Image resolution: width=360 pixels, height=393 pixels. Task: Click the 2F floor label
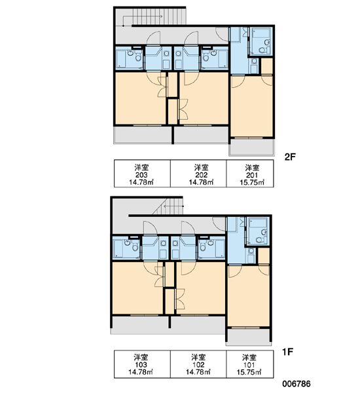pyautogui.click(x=290, y=157)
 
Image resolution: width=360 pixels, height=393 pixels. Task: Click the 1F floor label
pyautogui.click(x=287, y=352)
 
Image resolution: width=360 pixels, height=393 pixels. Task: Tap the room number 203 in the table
pyautogui.click(x=141, y=175)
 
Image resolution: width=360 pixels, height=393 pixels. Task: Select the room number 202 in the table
pyautogui.click(x=201, y=175)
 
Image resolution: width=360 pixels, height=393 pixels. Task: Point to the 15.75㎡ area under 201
pyautogui.click(x=252, y=183)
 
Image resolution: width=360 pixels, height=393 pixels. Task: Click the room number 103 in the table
pyautogui.click(x=141, y=365)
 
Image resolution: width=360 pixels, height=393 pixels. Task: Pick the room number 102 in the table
pyautogui.click(x=198, y=365)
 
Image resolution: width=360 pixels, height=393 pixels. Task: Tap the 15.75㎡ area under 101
pyautogui.click(x=249, y=372)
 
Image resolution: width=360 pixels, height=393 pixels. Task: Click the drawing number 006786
pyautogui.click(x=297, y=384)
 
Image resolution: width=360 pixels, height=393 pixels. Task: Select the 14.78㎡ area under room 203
pyautogui.click(x=141, y=182)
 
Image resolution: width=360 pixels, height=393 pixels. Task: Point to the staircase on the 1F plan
pyautogui.click(x=167, y=206)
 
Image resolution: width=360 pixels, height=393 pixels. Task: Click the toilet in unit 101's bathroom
pyautogui.click(x=259, y=240)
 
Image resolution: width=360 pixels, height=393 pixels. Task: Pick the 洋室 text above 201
pyautogui.click(x=252, y=168)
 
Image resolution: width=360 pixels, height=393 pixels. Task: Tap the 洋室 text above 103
pyautogui.click(x=141, y=357)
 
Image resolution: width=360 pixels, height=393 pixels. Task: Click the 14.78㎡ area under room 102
pyautogui.click(x=198, y=372)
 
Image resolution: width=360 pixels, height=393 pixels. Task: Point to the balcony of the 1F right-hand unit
pyautogui.click(x=249, y=337)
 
